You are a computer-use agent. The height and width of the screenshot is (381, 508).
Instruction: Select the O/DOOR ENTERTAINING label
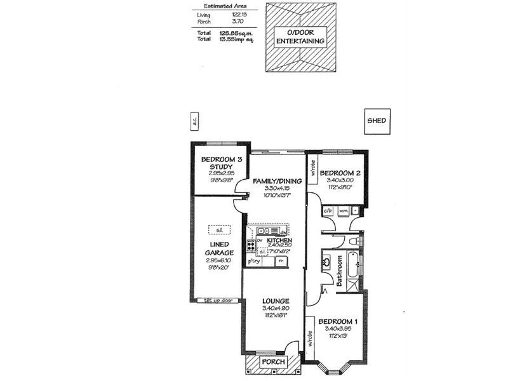pos(300,36)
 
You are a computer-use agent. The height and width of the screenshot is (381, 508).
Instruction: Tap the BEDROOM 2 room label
pos(340,173)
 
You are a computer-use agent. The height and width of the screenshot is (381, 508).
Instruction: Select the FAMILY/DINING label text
pos(277,181)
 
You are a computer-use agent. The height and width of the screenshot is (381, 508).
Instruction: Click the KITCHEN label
pos(279,241)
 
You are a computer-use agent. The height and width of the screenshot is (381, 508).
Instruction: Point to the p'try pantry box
pos(254,261)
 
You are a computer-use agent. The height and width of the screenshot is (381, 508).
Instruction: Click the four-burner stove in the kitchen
pos(251,247)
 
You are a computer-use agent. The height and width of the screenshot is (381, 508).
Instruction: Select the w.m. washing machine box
pos(343,210)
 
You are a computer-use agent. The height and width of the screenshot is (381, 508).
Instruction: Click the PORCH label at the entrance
pos(274,362)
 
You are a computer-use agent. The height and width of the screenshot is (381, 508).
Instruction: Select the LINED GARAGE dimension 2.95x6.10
pos(218,260)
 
